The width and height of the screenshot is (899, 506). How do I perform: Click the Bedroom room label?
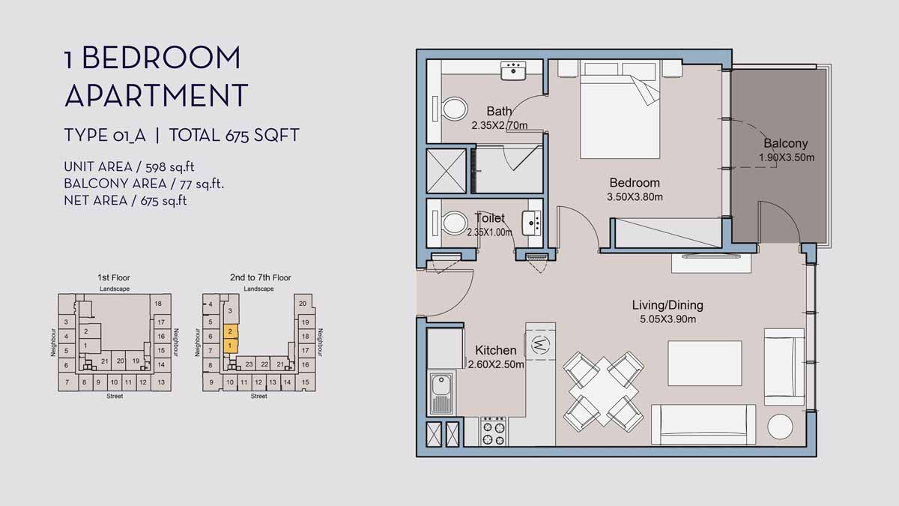[635, 183]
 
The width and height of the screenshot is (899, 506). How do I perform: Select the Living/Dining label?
[668, 305]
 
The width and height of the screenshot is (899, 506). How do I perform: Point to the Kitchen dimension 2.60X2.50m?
[495, 365]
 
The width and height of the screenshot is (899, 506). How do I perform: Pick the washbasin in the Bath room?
[514, 70]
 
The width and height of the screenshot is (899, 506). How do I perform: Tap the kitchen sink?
[440, 394]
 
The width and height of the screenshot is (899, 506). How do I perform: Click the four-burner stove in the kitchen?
[493, 433]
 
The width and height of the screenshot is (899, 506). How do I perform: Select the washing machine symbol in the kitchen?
[540, 345]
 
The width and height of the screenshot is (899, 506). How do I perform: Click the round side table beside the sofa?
[780, 427]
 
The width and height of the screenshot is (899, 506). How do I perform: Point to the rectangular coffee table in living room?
[704, 364]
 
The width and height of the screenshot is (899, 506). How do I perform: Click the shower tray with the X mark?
[447, 171]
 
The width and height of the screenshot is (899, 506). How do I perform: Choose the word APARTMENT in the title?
[156, 95]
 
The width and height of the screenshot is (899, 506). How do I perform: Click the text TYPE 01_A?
[105, 136]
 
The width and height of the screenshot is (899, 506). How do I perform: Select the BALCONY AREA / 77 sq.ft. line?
[145, 184]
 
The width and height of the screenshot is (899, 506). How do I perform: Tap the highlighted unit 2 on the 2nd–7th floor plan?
[231, 331]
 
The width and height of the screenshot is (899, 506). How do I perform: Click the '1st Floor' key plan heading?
[114, 277]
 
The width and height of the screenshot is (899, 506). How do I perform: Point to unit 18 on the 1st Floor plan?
[157, 304]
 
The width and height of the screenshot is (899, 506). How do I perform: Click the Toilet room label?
[490, 218]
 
